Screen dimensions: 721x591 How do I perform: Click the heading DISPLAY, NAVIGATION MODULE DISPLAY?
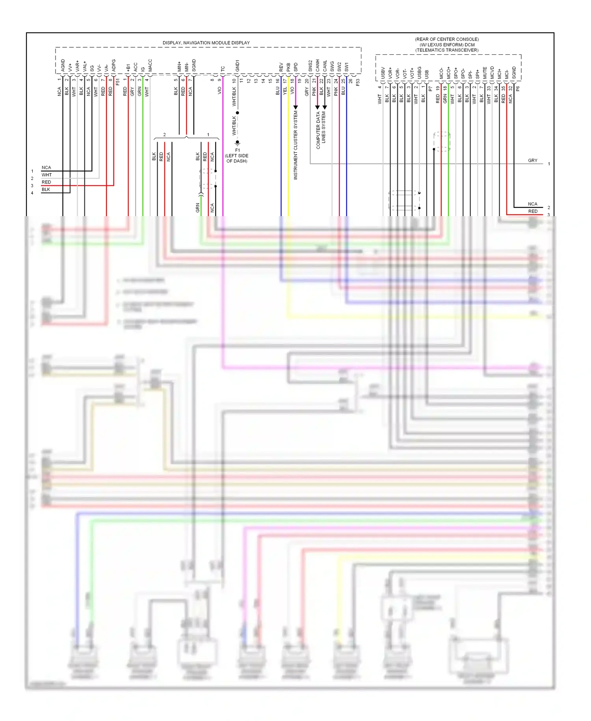(x=206, y=43)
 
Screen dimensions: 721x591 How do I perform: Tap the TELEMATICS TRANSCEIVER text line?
(x=447, y=50)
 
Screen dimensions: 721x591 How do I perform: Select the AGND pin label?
(x=63, y=65)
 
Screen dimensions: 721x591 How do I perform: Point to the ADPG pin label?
(x=113, y=65)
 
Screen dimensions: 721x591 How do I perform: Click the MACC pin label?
(x=150, y=65)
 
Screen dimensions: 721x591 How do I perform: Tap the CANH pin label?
(x=317, y=65)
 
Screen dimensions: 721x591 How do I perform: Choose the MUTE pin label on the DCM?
(x=485, y=73)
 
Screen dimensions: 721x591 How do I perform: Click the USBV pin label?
(x=383, y=73)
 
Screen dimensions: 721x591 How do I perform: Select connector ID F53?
(x=358, y=82)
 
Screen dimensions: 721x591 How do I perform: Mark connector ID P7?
(x=430, y=89)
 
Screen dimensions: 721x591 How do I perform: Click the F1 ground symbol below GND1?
(x=237, y=143)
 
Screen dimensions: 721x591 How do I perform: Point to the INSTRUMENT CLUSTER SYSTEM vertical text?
(x=295, y=145)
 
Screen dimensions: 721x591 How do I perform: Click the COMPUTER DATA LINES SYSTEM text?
(x=321, y=130)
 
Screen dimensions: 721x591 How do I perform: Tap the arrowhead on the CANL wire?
(x=325, y=107)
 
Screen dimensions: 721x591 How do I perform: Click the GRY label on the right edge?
(x=532, y=161)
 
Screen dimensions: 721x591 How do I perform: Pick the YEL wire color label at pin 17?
(x=285, y=91)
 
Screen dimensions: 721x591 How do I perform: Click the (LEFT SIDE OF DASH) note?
(x=236, y=158)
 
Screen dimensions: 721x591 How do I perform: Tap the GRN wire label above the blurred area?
(x=198, y=208)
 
